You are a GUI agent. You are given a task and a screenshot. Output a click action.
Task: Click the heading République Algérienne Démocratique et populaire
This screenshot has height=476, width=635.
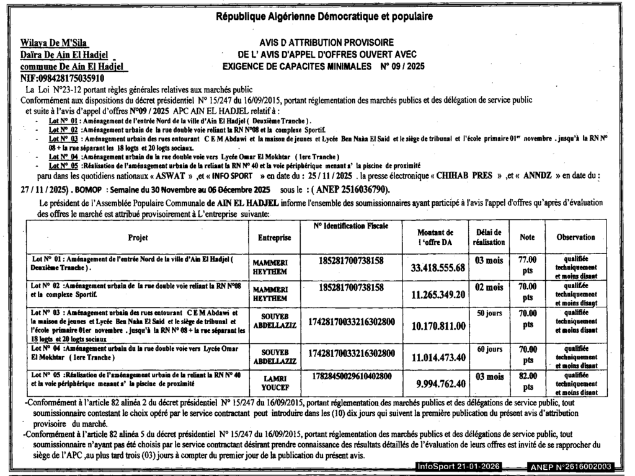324,15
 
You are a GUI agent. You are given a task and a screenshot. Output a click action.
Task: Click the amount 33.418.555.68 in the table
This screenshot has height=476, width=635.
438,268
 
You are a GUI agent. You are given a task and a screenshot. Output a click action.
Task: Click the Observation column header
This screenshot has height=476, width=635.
575,237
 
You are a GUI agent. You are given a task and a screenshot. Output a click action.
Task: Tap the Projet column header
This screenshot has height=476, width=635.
137,237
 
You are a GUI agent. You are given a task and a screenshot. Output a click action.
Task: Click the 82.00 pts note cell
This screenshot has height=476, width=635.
527,382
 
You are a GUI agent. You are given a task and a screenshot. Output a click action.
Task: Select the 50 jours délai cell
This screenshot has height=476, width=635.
489,314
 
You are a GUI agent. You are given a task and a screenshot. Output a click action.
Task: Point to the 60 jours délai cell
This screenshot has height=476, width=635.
489,350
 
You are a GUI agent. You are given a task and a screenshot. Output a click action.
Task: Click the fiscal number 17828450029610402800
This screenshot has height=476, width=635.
351,376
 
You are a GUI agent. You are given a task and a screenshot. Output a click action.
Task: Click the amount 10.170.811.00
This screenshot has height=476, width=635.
438,326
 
